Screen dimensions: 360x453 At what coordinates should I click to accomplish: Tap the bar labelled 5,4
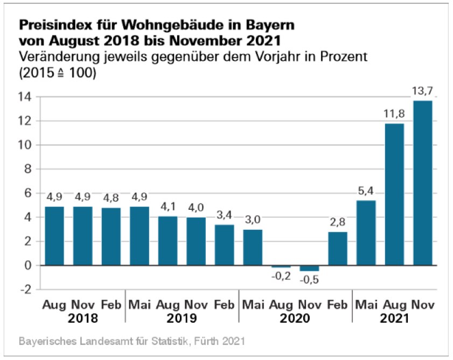point(366,232)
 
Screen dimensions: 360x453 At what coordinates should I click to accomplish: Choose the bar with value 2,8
point(337,249)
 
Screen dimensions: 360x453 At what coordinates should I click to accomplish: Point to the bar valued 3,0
point(252,247)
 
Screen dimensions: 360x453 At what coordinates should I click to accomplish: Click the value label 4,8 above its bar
point(111,197)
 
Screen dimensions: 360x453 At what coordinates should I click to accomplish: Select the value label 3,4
point(224,214)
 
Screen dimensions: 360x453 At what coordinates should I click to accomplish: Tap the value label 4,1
point(167,206)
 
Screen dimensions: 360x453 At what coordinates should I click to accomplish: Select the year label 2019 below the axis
point(182,318)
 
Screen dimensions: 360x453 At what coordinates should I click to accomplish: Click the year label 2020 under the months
point(295,318)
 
